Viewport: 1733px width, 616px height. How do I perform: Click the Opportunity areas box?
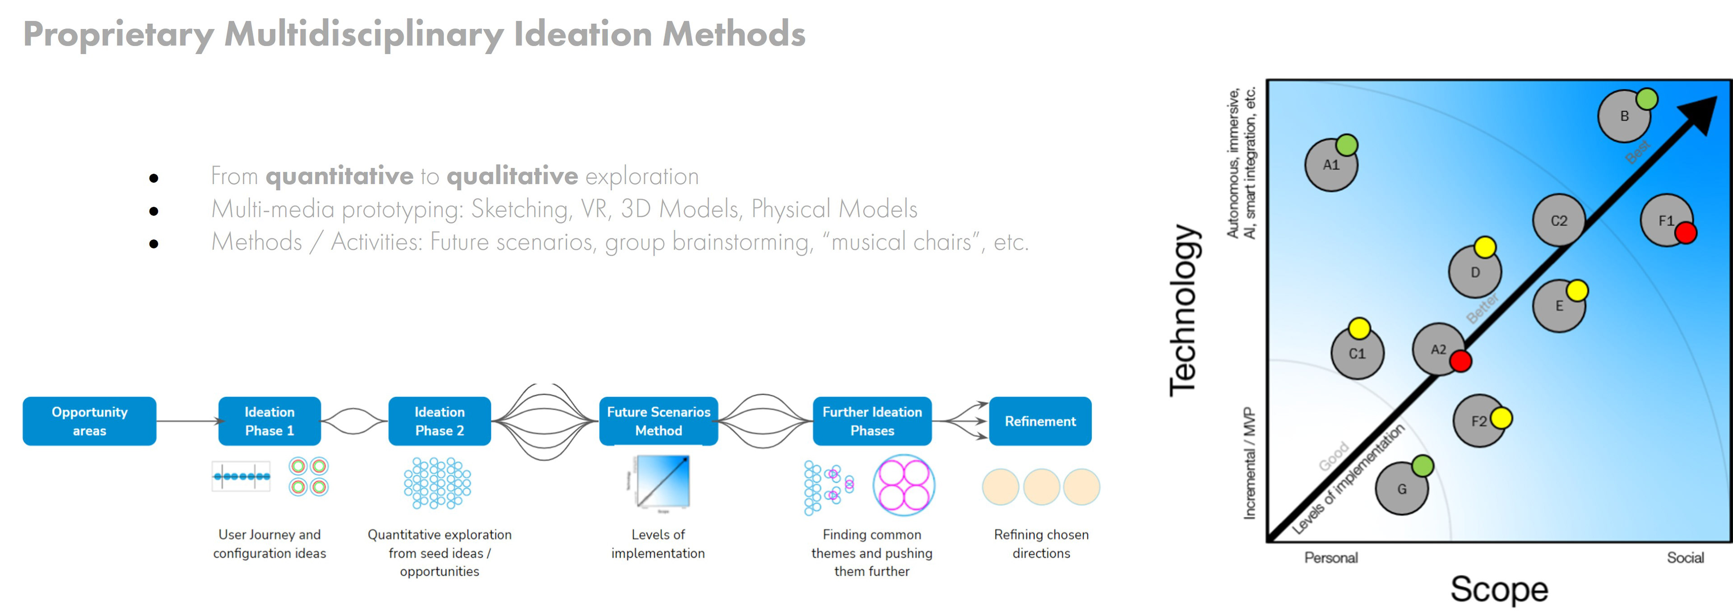(89, 421)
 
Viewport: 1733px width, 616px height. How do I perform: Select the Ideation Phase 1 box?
(269, 421)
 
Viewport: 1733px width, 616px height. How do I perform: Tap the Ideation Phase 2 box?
(439, 421)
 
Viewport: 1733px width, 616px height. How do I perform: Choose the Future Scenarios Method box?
(658, 421)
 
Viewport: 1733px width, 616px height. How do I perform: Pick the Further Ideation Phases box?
(872, 421)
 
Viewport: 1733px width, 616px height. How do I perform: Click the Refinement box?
(1040, 421)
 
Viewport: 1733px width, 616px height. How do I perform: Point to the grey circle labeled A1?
(1329, 167)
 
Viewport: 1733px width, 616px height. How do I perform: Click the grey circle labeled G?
(1401, 490)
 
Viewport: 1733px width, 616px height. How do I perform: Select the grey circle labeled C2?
(1558, 221)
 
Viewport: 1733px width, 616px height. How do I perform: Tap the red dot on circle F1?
(1685, 233)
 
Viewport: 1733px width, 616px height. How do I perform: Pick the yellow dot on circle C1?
(1359, 328)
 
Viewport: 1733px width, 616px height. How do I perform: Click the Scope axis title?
(1499, 589)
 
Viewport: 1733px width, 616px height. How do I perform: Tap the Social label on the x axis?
(1685, 557)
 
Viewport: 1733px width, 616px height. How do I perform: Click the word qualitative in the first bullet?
(512, 176)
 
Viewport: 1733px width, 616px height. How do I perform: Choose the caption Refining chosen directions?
(1041, 543)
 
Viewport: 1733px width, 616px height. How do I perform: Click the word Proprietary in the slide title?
(118, 34)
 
